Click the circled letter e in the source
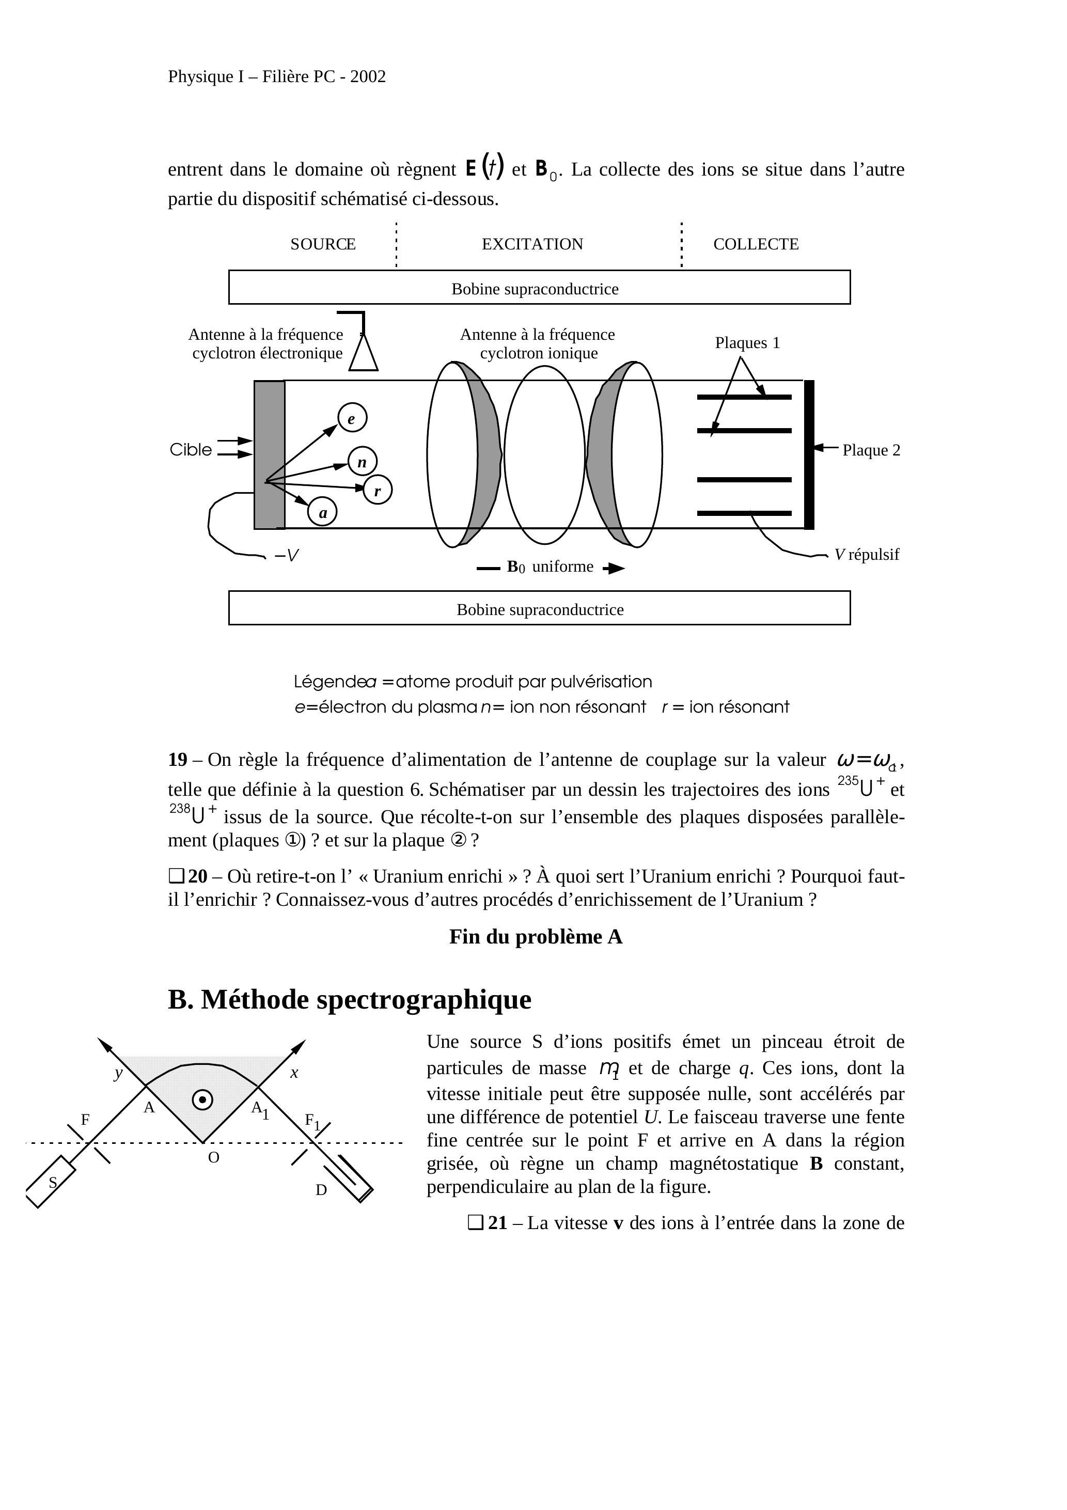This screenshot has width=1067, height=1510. click(x=352, y=418)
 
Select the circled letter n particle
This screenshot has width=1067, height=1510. click(x=363, y=462)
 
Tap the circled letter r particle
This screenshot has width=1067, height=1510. click(x=378, y=490)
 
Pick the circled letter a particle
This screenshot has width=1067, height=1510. click(x=322, y=512)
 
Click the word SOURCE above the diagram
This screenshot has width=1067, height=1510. click(x=322, y=244)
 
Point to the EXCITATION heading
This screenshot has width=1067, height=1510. click(x=532, y=244)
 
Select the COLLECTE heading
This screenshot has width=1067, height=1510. click(x=756, y=244)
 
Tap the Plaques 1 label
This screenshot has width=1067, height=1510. click(x=747, y=343)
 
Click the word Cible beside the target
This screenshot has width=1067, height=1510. click(x=191, y=450)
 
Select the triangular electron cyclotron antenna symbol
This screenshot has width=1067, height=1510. click(x=363, y=353)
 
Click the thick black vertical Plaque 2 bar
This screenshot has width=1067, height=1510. click(x=809, y=454)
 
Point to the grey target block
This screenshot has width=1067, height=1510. click(x=270, y=454)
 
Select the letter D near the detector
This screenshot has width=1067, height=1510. click(x=321, y=1190)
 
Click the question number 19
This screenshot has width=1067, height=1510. click(x=178, y=760)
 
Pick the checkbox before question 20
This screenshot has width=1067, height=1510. click(x=176, y=876)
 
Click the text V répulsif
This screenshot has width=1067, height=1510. click(x=867, y=555)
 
